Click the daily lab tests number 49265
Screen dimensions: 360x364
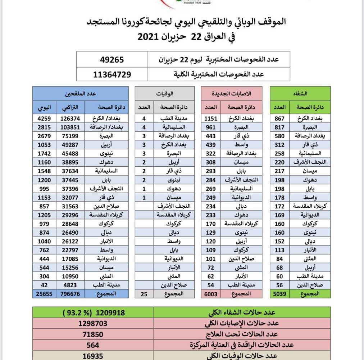tap(112, 59)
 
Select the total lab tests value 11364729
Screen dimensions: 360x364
tap(112, 74)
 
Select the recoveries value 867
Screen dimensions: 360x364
tap(279, 118)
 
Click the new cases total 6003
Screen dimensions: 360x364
tap(211, 293)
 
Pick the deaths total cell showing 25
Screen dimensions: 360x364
tap(144, 293)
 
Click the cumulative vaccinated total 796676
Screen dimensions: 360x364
tap(70, 293)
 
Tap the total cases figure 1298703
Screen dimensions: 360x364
tap(93, 323)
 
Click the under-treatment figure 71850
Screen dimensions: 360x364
tap(93, 334)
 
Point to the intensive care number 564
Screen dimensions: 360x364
tap(93, 345)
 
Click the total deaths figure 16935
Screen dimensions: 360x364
tap(93, 356)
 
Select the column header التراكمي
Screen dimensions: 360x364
tap(70, 107)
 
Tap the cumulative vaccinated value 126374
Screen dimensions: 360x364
tap(70, 118)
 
